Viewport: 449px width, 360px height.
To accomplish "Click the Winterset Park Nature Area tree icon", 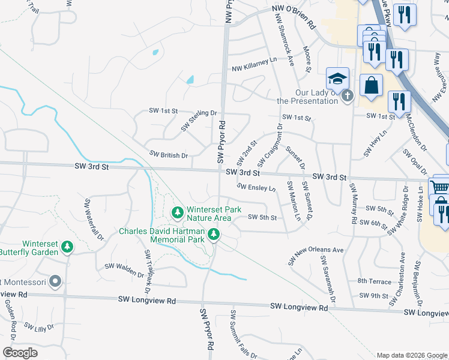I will [x=177, y=212].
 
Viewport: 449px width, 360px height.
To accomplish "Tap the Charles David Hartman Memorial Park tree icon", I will [x=214, y=233].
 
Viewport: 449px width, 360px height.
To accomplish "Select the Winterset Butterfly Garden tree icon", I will [x=68, y=247].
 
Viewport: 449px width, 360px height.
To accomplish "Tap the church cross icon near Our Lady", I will [x=346, y=95].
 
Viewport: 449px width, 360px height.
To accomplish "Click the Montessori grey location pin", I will [x=55, y=281].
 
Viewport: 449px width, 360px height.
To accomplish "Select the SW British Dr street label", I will [x=169, y=155].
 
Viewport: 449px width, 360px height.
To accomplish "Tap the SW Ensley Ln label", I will [x=256, y=187].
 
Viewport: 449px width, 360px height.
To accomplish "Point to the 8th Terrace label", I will [x=374, y=281].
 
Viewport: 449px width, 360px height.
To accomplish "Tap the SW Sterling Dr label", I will [x=198, y=120].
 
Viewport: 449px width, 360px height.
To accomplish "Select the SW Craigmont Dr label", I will [x=270, y=146].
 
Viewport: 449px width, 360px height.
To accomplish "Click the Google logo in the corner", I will [x=20, y=352].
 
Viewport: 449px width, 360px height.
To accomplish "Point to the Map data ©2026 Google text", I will [x=411, y=355].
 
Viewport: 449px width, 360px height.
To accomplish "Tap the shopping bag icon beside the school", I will [x=372, y=85].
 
